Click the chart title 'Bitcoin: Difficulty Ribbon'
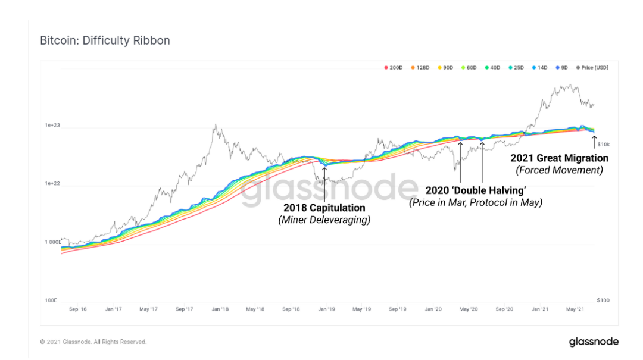point(105,40)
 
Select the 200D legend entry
point(394,68)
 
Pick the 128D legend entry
point(420,68)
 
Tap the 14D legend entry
point(539,68)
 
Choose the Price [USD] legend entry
point(592,68)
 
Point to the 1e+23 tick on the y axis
point(52,125)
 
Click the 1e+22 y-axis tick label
point(52,183)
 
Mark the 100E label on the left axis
point(51,300)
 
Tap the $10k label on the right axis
point(604,145)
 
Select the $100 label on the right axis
point(603,300)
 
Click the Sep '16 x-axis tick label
point(78,309)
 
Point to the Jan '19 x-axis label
point(327,309)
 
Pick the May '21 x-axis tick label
point(575,309)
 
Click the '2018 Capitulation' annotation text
point(324,208)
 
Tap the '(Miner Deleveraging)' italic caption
point(324,220)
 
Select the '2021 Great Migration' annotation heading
point(559,158)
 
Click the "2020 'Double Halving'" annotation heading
point(476,190)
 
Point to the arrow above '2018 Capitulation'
point(324,184)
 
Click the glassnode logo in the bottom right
point(594,342)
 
